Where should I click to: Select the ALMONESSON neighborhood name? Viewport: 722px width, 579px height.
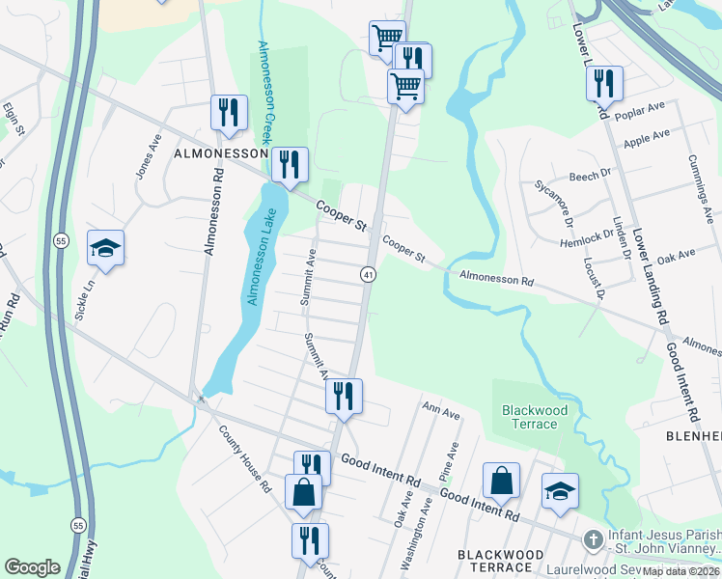pos(219,153)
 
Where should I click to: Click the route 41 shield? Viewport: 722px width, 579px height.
pos(369,275)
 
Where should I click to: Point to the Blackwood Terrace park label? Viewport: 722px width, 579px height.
pos(534,418)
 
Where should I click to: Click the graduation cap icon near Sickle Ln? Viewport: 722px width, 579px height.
pos(105,248)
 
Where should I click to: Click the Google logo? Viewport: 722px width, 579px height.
pos(32,567)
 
